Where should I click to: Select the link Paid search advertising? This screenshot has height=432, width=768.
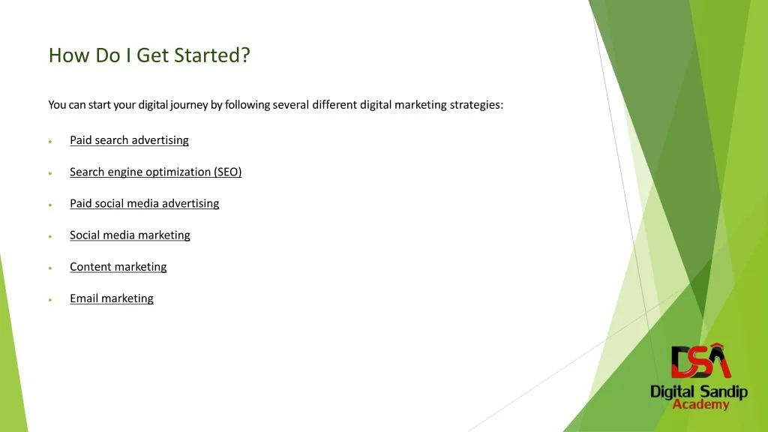tap(129, 140)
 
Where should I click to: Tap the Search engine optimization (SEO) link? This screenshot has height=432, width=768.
tap(156, 172)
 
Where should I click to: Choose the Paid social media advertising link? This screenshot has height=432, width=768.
tap(145, 203)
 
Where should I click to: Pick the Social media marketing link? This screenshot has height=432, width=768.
tap(130, 235)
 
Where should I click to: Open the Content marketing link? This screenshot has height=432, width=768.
tap(118, 267)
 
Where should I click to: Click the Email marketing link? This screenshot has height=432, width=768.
tap(112, 298)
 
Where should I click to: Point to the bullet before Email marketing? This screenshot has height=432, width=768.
tap(50, 300)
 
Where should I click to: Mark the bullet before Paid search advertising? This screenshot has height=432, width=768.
tap(50, 142)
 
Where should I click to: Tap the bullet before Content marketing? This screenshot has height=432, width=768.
tap(50, 268)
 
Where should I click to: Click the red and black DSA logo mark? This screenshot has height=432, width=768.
tap(700, 361)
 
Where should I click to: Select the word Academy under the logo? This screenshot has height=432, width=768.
tap(701, 404)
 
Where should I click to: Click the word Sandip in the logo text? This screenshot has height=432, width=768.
tap(724, 392)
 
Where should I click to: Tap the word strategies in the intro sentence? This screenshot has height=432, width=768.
tap(476, 105)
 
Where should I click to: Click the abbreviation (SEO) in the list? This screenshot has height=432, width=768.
tap(228, 172)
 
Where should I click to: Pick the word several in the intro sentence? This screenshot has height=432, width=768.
tap(291, 105)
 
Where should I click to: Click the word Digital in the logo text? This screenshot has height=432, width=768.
tap(673, 392)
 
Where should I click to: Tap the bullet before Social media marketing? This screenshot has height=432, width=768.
tap(50, 236)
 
